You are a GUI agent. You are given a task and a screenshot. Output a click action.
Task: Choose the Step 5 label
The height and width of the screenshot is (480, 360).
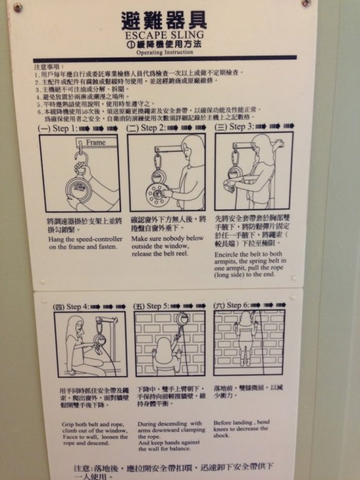153,306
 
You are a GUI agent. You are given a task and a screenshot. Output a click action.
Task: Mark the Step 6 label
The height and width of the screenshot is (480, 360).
233,305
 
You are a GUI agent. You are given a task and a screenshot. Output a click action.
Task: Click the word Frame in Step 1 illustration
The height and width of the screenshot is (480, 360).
95,143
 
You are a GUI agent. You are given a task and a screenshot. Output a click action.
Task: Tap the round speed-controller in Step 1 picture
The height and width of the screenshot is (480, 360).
82,191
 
